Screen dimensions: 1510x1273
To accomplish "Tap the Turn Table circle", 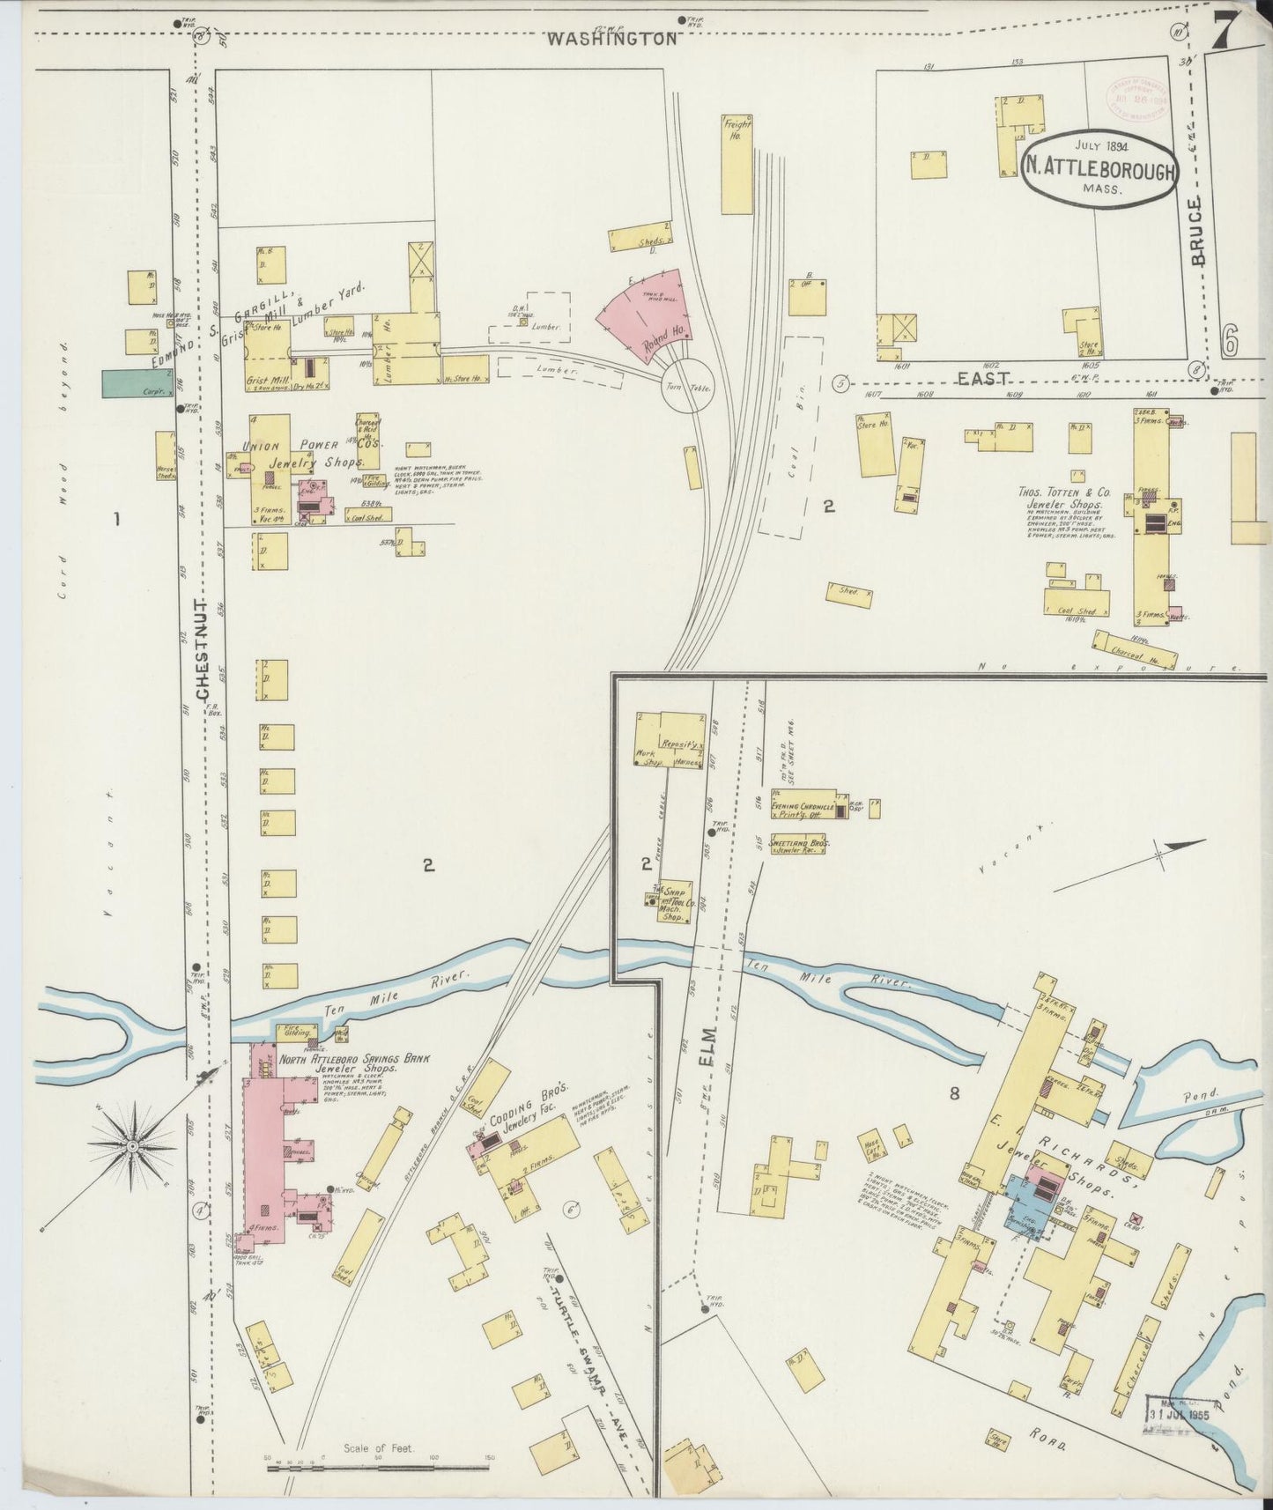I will click(x=688, y=387).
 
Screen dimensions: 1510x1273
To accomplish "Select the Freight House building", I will click(x=736, y=163).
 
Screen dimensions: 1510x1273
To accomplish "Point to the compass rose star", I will click(x=132, y=1145).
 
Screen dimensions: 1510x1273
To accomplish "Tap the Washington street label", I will click(x=611, y=39).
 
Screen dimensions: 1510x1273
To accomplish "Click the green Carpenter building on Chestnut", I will click(x=136, y=383).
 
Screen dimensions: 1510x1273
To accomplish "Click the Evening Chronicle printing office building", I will click(x=803, y=805).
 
